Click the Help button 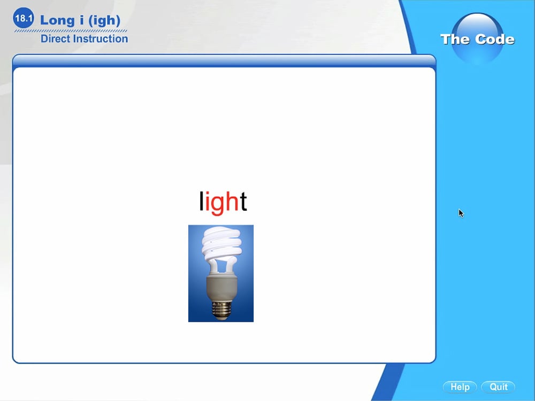460,387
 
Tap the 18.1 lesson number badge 24,18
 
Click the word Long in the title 57,20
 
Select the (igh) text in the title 104,20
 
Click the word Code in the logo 495,39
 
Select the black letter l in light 201,201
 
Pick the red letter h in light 232,201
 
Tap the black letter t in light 243,202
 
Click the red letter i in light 207,201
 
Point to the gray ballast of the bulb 221,287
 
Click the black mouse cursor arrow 461,213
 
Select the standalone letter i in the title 81,20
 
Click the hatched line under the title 71,30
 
